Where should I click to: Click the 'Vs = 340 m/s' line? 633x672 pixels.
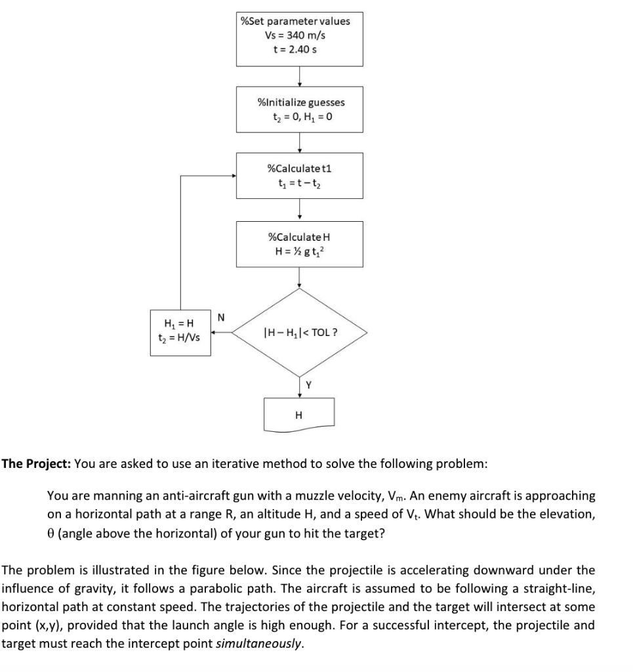pyautogui.click(x=299, y=35)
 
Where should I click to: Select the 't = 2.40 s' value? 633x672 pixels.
pyautogui.click(x=299, y=49)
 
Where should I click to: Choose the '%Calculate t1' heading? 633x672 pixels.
pyautogui.click(x=300, y=168)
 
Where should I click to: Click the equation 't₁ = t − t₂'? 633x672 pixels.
pyautogui.click(x=300, y=183)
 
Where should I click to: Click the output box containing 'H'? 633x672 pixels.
pyautogui.click(x=300, y=414)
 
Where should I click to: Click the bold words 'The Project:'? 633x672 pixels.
pyautogui.click(x=36, y=464)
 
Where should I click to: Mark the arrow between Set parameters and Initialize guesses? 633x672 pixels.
pyautogui.click(x=300, y=76)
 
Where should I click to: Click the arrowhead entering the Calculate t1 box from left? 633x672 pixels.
pyautogui.click(x=232, y=176)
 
